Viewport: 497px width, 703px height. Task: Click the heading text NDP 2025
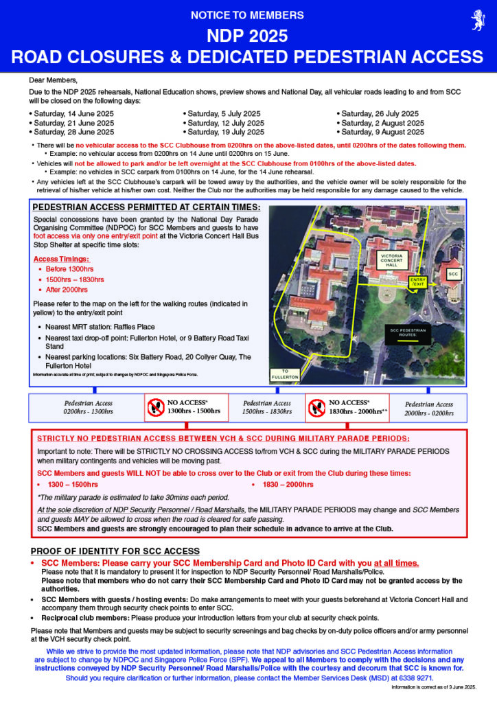tap(248, 36)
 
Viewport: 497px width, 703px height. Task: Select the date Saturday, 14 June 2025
tap(71, 113)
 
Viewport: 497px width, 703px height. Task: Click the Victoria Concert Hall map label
tap(395, 260)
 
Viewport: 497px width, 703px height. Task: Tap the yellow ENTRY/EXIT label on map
tap(417, 282)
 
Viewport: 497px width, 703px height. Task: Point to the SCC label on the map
tap(453, 274)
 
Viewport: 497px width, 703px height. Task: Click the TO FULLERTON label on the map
tap(286, 374)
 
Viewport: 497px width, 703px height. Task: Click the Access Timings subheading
tap(61, 259)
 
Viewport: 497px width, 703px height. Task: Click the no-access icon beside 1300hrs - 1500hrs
tap(156, 407)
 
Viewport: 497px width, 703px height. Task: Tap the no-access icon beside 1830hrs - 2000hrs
tap(317, 407)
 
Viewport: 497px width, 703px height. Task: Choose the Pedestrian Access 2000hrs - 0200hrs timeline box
tap(429, 408)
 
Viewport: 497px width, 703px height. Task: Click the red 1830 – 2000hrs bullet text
tap(288, 485)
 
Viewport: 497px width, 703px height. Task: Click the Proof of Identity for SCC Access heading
tap(115, 551)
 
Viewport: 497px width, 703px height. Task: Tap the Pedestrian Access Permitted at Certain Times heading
tap(147, 207)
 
